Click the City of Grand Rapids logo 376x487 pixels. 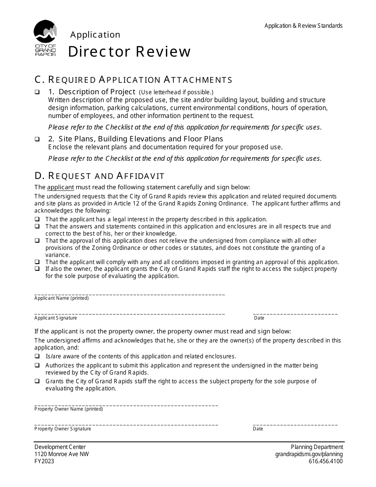[x=45, y=38]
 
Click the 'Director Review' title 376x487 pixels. [x=129, y=51]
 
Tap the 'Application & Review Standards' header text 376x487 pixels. [x=304, y=26]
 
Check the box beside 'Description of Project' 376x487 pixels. [x=37, y=92]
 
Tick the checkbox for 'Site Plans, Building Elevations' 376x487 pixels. [x=37, y=139]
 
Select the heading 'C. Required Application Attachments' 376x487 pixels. [x=133, y=80]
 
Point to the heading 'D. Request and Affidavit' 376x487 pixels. [x=99, y=175]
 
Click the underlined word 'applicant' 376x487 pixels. [x=60, y=187]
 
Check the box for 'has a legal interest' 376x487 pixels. [x=37, y=219]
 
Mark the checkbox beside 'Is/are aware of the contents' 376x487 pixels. [x=37, y=356]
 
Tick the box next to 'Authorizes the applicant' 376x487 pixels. [x=37, y=365]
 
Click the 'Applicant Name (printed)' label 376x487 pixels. [x=61, y=298]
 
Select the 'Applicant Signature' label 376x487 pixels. [x=56, y=318]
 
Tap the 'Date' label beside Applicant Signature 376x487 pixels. [x=259, y=318]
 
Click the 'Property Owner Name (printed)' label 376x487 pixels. [x=68, y=409]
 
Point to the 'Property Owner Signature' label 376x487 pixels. [x=63, y=429]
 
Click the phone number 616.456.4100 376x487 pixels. [x=326, y=461]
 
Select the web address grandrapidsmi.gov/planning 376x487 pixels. [x=309, y=454]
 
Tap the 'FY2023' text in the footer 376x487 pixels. [x=44, y=461]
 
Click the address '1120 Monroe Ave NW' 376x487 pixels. [x=61, y=454]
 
